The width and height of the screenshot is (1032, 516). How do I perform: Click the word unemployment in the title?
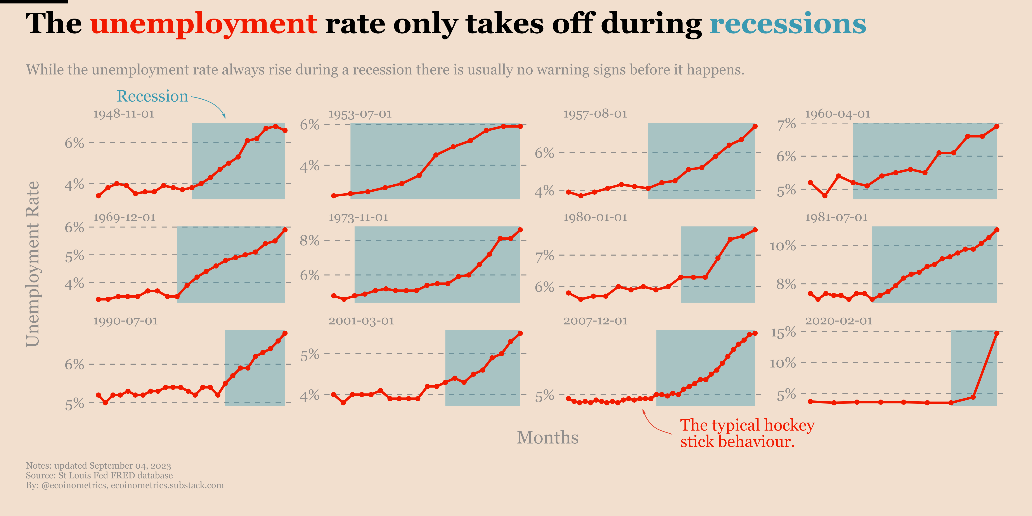point(204,24)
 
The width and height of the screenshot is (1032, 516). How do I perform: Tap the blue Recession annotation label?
point(152,96)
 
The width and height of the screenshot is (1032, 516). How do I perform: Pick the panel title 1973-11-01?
point(358,218)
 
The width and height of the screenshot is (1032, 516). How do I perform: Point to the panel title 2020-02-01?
point(838,321)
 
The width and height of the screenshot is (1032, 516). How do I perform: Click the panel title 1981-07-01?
point(836,218)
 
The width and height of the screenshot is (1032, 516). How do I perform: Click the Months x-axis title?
point(547,438)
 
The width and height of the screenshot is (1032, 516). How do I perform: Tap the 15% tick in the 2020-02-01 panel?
point(783,332)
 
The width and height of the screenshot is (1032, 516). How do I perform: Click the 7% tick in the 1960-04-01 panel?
point(786,124)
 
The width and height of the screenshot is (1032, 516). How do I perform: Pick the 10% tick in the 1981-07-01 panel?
point(783,246)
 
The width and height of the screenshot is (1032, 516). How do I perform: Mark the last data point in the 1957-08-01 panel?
point(755,126)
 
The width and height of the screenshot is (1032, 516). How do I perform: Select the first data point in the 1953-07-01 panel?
point(333,196)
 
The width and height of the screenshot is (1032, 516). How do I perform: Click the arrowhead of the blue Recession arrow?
point(225,117)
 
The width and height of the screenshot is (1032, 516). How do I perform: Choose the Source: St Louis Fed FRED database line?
point(99,476)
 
